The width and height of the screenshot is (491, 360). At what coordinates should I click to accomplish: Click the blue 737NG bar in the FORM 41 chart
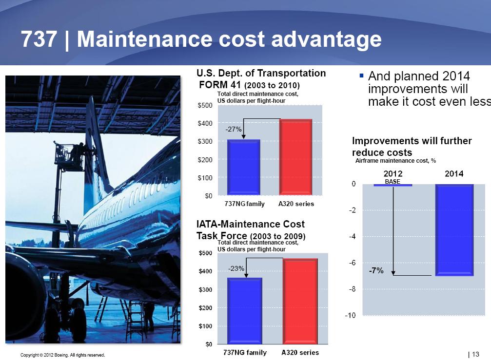[x=244, y=167]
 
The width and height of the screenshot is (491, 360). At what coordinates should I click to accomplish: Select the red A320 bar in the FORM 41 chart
[x=295, y=157]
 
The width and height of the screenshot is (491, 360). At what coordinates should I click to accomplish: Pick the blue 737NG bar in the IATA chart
[x=245, y=311]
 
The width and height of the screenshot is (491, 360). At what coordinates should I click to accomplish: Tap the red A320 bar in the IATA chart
[x=300, y=301]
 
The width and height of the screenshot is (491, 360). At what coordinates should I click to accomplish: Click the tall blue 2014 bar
[x=454, y=230]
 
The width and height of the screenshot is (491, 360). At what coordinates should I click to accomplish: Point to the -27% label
[x=234, y=129]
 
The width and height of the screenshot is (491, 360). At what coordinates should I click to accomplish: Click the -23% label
[x=236, y=268]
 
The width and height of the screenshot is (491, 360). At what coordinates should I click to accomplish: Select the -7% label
[x=376, y=270]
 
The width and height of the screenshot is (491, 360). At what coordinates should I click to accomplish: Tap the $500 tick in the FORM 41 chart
[x=205, y=105]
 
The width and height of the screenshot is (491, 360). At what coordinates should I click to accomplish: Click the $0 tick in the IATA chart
[x=209, y=344]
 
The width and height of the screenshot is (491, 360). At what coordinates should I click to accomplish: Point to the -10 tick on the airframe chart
[x=351, y=315]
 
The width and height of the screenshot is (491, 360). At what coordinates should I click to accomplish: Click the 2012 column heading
[x=393, y=173]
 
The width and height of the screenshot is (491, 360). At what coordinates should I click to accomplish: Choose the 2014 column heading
[x=454, y=173]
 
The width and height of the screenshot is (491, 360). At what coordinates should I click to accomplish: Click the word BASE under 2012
[x=393, y=181]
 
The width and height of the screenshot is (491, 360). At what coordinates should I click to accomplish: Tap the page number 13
[x=476, y=354]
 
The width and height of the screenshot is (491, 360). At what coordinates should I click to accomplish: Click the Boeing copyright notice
[x=62, y=355]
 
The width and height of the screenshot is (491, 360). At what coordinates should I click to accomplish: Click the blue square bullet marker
[x=362, y=76]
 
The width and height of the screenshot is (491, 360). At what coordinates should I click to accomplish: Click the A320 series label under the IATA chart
[x=300, y=353]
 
